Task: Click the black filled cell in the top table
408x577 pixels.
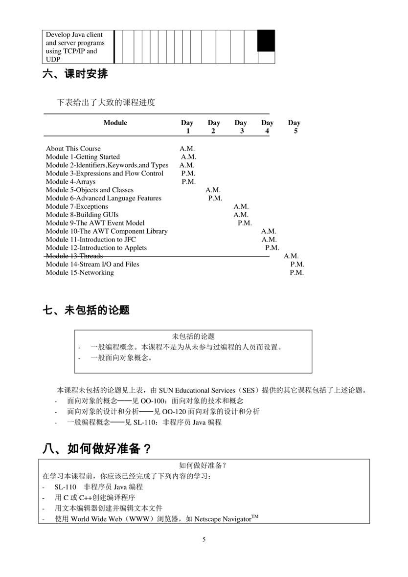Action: tap(266, 41)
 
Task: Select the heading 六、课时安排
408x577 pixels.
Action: tap(75, 74)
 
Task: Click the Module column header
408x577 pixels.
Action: tap(115, 123)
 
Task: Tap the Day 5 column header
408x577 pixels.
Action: tap(294, 127)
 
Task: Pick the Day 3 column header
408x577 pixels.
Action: tap(241, 127)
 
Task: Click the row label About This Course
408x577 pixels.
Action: tap(73, 149)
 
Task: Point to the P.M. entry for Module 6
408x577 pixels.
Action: tap(215, 198)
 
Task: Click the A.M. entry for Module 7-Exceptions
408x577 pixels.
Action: tap(241, 206)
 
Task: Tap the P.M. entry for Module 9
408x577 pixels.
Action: tap(245, 223)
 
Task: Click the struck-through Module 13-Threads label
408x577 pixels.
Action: tap(74, 256)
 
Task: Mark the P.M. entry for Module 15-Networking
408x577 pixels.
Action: tap(296, 272)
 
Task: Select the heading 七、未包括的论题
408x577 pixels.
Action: tap(86, 310)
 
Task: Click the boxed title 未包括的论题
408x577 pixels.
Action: tap(193, 336)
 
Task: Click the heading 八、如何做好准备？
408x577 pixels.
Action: tap(97, 449)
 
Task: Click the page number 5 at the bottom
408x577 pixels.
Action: tap(204, 539)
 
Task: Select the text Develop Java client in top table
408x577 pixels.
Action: tap(74, 35)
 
